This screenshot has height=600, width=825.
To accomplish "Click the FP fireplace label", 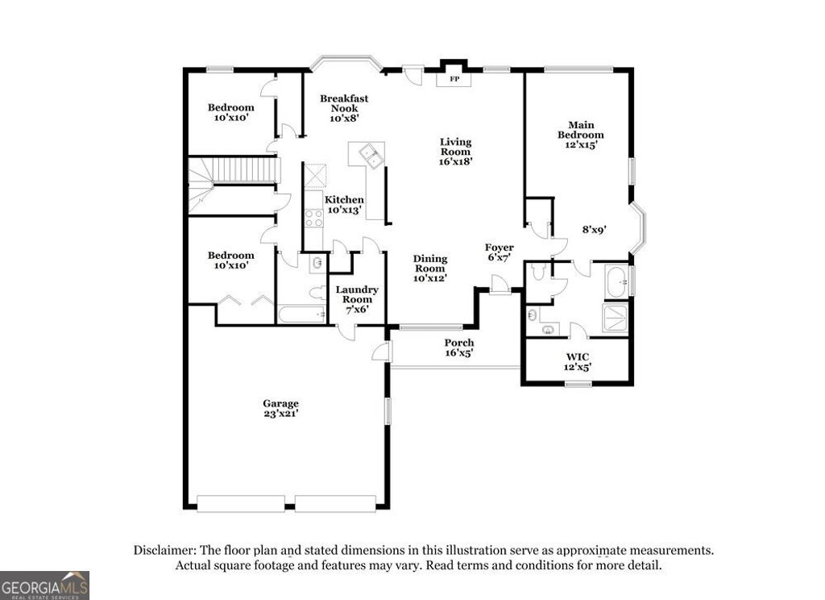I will (x=454, y=79).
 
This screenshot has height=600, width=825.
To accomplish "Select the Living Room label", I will (x=455, y=151).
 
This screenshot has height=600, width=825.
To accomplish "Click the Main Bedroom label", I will (x=581, y=135).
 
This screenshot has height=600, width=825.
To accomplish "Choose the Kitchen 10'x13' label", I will (x=344, y=205).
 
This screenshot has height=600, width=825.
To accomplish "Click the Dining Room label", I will (x=429, y=268).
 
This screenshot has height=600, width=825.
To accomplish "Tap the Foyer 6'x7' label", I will (x=499, y=252).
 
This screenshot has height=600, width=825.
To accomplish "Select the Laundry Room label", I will (x=356, y=299).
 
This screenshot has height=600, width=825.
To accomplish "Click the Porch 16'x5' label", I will (x=459, y=348).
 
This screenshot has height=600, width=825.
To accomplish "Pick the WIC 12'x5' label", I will (x=577, y=361).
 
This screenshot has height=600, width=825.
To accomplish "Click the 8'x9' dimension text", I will (x=594, y=229).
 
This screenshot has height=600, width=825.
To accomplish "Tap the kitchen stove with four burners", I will (x=313, y=216).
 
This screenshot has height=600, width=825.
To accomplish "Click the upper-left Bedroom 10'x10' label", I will (x=230, y=112).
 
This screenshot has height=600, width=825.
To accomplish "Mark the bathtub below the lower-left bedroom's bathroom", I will (x=301, y=314).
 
